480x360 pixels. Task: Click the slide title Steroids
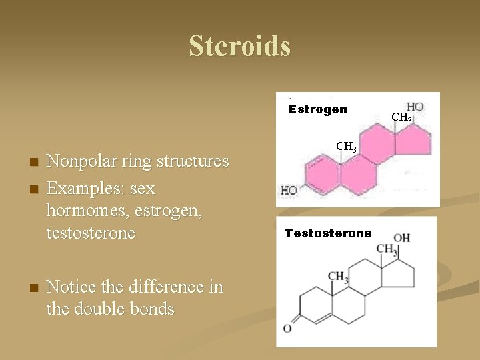click(x=239, y=46)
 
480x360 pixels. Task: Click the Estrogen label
click(x=317, y=109)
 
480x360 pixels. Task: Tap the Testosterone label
click(x=328, y=233)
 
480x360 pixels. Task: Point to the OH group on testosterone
click(x=401, y=239)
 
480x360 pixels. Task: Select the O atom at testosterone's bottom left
click(x=287, y=329)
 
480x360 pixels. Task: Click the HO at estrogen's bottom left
click(x=289, y=191)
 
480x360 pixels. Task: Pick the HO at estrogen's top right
click(x=415, y=107)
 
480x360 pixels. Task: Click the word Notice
click(x=74, y=287)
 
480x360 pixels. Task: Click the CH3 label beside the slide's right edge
click(x=401, y=119)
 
